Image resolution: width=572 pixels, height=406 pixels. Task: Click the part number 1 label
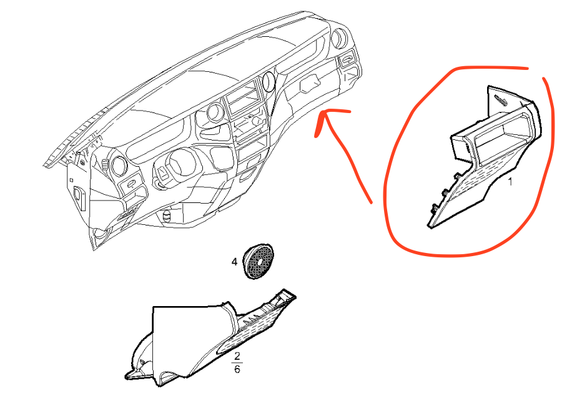510,181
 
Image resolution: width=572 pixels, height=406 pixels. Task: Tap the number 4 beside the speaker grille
234,262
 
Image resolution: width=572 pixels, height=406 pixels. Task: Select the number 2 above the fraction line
237,356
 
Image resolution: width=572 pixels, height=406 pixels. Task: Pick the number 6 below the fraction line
237,369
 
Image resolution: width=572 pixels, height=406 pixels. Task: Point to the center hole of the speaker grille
260,262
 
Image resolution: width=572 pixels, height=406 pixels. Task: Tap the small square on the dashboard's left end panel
71,180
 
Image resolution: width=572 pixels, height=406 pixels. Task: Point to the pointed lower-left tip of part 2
127,376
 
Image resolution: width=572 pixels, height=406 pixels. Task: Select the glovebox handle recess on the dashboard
310,84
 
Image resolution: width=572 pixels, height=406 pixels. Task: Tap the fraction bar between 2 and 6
237,363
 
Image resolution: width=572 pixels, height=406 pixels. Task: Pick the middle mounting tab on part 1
445,192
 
